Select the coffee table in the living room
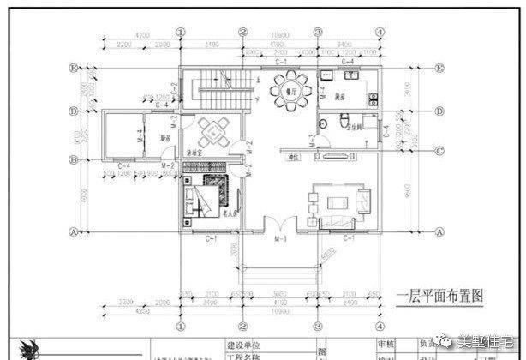click(335, 202)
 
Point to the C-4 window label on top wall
click(348, 63)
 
